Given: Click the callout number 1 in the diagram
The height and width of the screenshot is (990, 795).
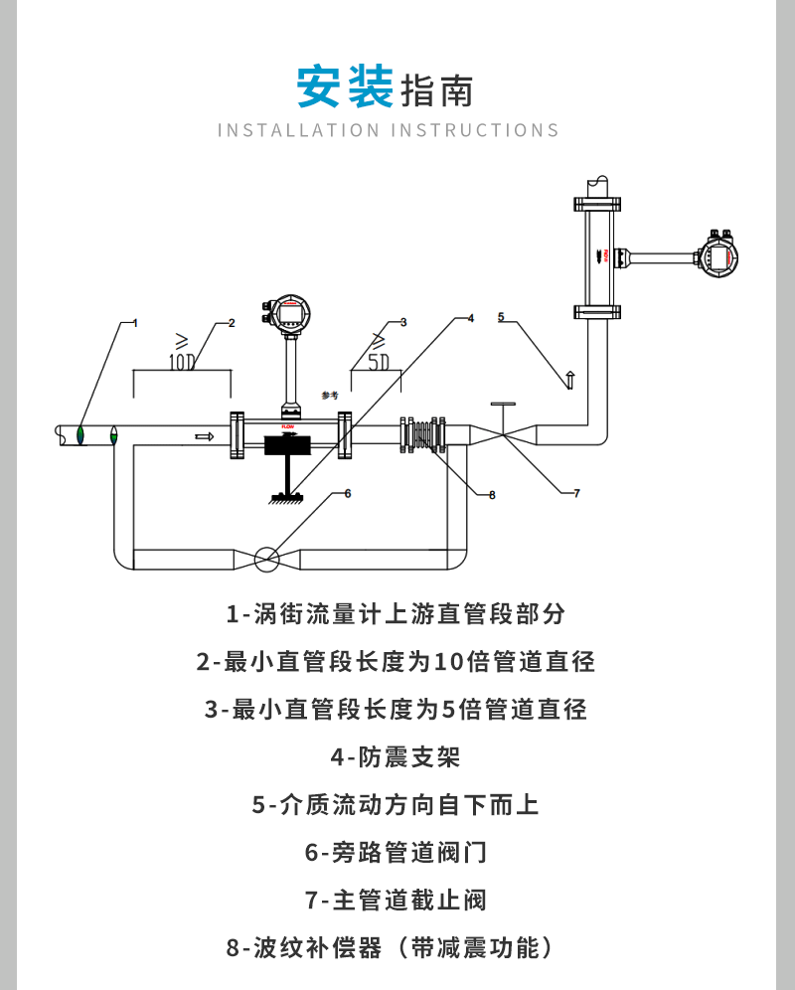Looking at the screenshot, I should [134, 322].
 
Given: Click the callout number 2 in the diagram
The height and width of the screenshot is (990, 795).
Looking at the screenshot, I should [231, 322].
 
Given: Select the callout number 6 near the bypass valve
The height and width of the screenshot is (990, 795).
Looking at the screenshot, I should [347, 492].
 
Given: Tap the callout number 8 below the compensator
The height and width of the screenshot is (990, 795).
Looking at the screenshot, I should [491, 494].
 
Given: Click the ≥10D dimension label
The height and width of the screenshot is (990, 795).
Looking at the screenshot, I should [182, 353].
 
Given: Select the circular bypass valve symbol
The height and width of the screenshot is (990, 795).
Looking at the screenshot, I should [265, 559].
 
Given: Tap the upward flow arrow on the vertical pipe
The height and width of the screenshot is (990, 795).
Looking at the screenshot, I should [569, 379].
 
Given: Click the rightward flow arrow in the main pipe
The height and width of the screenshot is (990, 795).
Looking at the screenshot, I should [204, 436].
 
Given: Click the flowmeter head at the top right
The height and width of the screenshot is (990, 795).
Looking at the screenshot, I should [718, 255].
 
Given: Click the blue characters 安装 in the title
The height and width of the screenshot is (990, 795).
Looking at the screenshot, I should [345, 87].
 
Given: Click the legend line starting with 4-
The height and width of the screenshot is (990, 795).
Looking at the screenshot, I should [397, 757].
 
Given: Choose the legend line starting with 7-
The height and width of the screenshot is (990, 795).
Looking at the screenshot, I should [397, 901].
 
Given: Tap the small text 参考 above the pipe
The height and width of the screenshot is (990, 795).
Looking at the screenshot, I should [330, 395].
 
